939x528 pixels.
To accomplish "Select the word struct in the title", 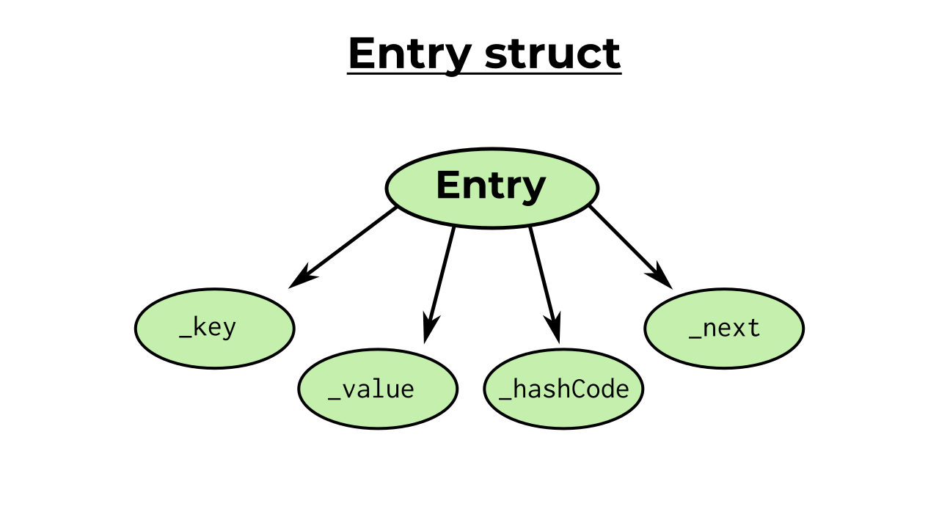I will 552,54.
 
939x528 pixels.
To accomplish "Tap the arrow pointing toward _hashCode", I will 543,279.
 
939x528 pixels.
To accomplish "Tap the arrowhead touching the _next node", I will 661,278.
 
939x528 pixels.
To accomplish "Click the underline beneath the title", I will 484,73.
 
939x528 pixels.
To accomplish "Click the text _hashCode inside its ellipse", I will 563,389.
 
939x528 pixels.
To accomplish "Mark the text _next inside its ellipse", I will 724,329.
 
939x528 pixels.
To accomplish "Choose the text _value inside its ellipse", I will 371,389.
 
